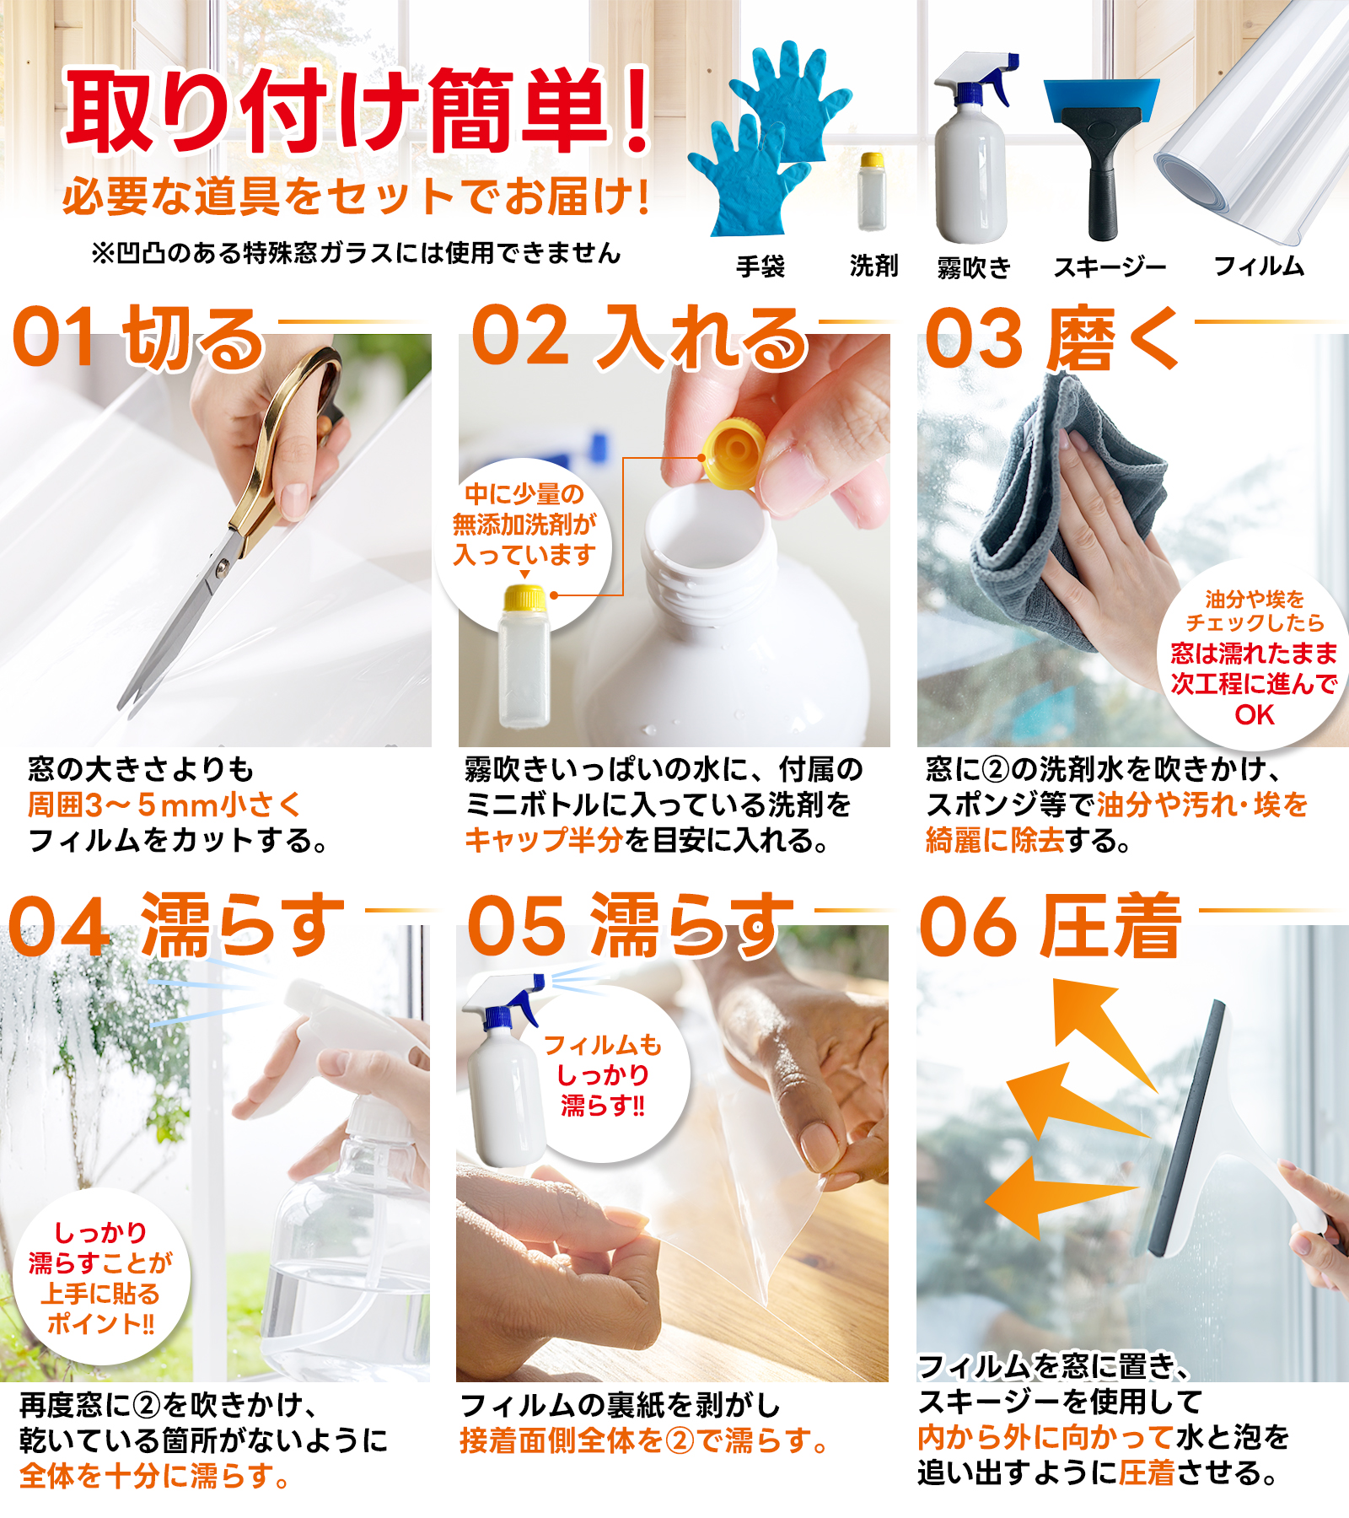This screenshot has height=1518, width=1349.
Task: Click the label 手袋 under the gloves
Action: coord(760,266)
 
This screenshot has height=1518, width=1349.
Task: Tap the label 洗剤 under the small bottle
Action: coord(873,266)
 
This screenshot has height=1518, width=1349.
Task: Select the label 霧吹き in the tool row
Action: coord(974,267)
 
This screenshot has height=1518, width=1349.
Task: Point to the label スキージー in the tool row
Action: coord(1110,267)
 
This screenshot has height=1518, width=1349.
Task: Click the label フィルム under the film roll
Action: coord(1259,266)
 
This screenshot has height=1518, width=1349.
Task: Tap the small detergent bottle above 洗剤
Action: coord(872,191)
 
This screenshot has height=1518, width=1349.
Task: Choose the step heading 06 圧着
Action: coord(1050,926)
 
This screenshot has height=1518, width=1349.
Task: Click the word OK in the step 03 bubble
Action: coord(1255,715)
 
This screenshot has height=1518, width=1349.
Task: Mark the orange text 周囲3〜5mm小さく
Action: coord(164,805)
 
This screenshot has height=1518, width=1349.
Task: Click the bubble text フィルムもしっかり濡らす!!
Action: coord(604,1075)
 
